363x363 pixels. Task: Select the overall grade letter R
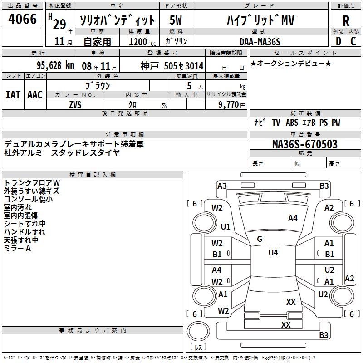click(346, 20)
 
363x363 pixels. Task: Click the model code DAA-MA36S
click(260, 42)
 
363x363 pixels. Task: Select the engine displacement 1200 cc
click(139, 42)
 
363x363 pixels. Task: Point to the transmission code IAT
click(13, 94)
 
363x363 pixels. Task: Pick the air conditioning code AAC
click(35, 94)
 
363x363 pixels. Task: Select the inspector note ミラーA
click(17, 248)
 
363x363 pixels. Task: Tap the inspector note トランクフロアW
click(32, 182)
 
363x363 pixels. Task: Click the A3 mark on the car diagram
click(222, 186)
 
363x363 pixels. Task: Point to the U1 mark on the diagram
click(226, 226)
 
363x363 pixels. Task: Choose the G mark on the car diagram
click(260, 239)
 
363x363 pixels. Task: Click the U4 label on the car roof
click(273, 253)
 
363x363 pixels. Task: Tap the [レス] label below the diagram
click(198, 348)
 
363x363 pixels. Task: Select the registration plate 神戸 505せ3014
click(172, 65)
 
